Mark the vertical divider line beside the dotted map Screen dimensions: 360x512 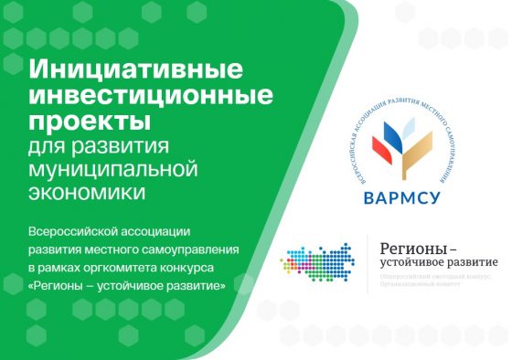[368, 260]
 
